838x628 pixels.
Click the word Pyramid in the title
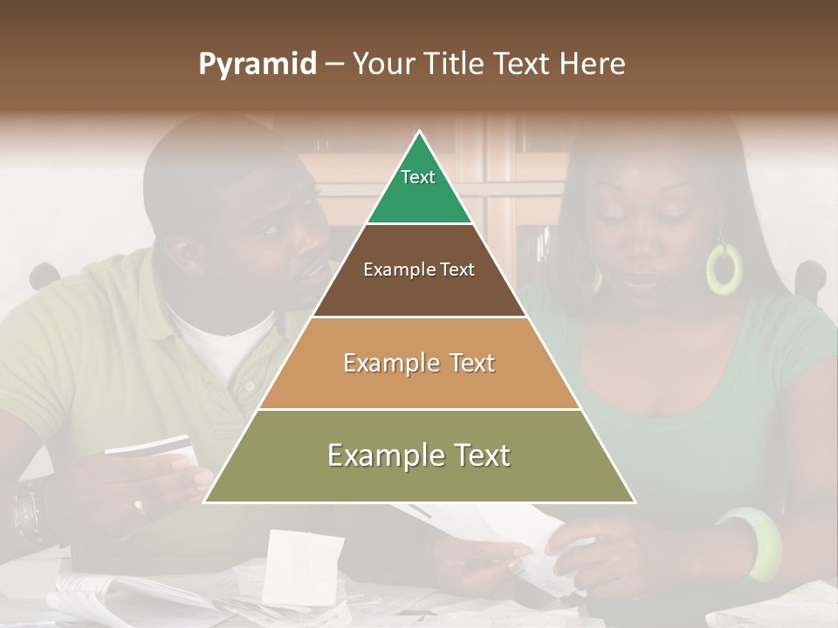click(x=257, y=65)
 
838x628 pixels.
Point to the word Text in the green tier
click(x=417, y=177)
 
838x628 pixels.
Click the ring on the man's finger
click(x=139, y=505)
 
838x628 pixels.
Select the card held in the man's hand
click(x=148, y=447)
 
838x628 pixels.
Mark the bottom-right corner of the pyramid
click(x=635, y=502)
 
